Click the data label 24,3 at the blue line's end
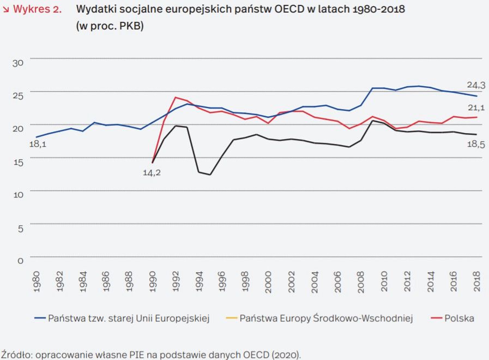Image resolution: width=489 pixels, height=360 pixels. click(x=476, y=85)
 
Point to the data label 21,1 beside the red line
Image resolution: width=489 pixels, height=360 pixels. click(x=476, y=108)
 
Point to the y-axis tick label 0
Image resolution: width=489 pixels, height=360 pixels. click(x=20, y=260)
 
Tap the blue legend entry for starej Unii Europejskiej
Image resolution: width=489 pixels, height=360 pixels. click(x=129, y=318)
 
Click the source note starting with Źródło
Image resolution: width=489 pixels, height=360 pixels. click(x=150, y=353)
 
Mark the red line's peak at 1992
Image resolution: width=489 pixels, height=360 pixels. click(x=176, y=98)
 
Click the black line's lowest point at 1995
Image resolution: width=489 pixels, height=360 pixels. click(x=210, y=175)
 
